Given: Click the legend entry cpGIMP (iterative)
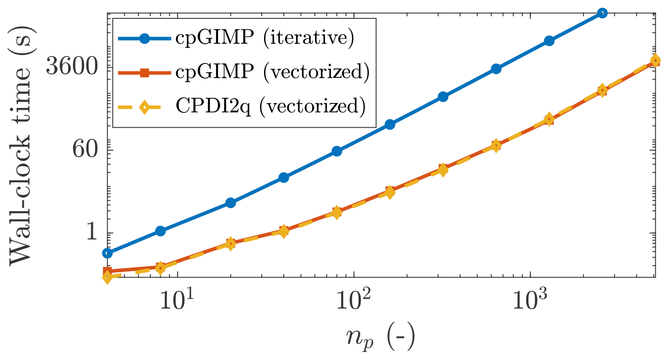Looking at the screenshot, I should point(264,38).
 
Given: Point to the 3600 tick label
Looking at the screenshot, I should point(72,66).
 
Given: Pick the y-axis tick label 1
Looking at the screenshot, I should point(92,232).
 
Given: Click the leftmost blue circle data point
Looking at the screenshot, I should point(108,253).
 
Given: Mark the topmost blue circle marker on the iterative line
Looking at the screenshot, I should point(602,13).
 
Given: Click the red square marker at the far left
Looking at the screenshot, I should point(108,271).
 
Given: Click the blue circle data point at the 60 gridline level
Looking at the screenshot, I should point(337,151).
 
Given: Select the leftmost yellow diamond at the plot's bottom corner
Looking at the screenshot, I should point(108,277).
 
